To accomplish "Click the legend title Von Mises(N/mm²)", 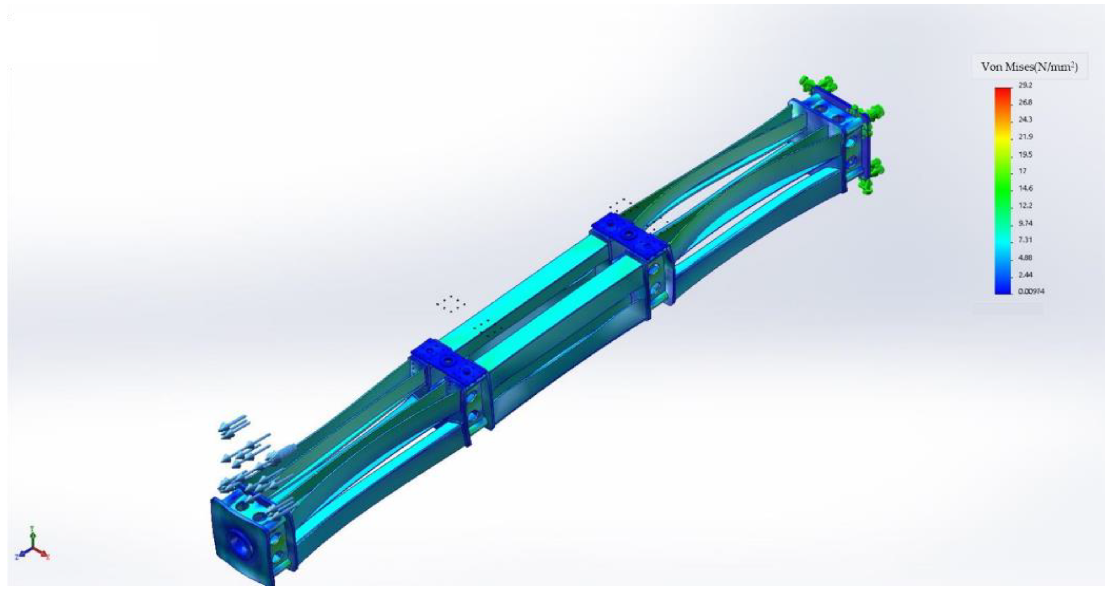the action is pos(1030,67).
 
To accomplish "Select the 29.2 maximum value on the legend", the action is pos(1025,85).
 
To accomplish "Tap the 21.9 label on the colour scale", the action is pos(1026,137).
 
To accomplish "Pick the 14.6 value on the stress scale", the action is pos(1025,188).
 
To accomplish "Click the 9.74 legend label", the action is pos(1025,223).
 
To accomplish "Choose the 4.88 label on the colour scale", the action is pos(1025,257).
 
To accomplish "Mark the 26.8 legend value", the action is pos(1025,102).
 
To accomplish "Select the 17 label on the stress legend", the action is pos(1023,171).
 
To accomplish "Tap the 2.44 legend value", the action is pos(1025,275).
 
